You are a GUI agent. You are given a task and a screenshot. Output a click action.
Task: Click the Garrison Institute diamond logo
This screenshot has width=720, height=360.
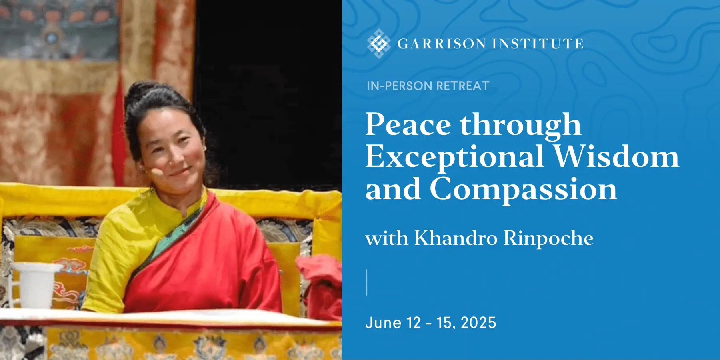tap(379, 44)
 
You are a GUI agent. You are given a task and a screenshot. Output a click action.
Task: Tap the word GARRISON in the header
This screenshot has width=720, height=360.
tap(442, 44)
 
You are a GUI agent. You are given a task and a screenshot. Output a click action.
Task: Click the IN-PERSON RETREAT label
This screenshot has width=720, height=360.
tap(428, 86)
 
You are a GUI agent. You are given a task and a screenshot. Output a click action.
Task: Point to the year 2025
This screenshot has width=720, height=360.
tap(478, 322)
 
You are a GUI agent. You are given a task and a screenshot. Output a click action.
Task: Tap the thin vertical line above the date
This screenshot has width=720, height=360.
tap(367, 282)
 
